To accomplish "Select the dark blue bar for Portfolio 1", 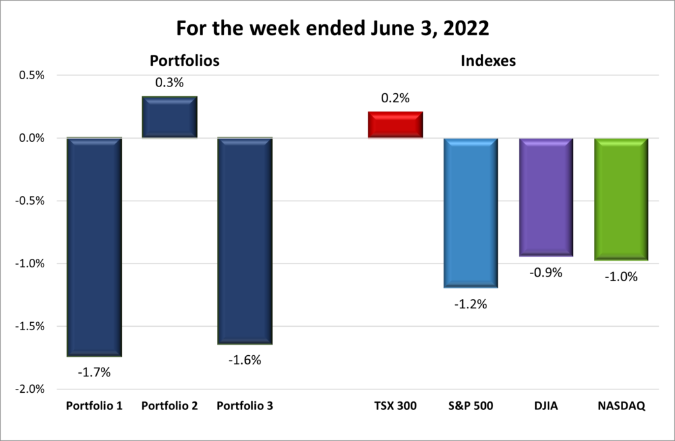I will pyautogui.click(x=94, y=247).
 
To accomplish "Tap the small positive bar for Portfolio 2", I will pyautogui.click(x=170, y=118).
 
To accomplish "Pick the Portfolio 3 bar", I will pyautogui.click(x=245, y=241).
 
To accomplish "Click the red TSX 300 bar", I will pyautogui.click(x=396, y=125).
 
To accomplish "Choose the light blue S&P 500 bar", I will pyautogui.click(x=471, y=213).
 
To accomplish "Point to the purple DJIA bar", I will pyautogui.click(x=546, y=197).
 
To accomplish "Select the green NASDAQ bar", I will pyautogui.click(x=621, y=199).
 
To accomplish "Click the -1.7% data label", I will pyautogui.click(x=94, y=372).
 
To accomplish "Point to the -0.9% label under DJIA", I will pyautogui.click(x=546, y=272).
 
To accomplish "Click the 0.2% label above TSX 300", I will pyautogui.click(x=396, y=98).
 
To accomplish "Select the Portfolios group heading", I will pyautogui.click(x=185, y=61).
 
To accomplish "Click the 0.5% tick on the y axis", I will pyautogui.click(x=30, y=75).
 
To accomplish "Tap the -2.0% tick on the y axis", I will pyautogui.click(x=29, y=389).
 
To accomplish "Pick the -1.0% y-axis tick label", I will pyautogui.click(x=29, y=263).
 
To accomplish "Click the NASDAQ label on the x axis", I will pyautogui.click(x=621, y=405).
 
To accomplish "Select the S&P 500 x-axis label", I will pyautogui.click(x=471, y=405).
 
